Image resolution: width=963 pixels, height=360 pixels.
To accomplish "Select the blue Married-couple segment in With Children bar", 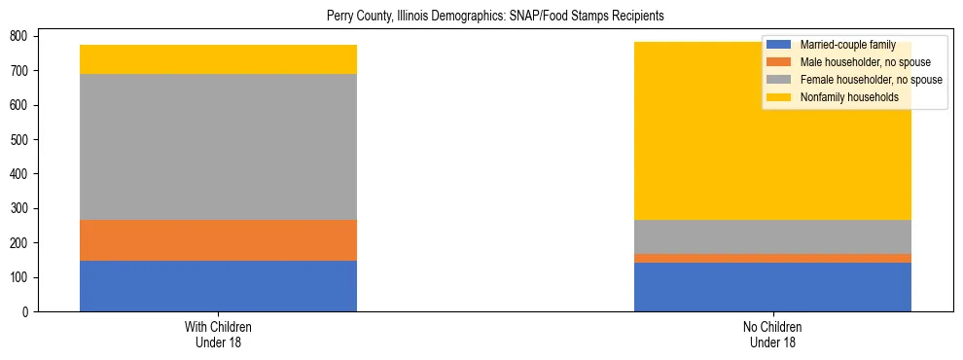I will (218, 286).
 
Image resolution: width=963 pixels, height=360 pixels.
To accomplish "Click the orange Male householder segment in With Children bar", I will (218, 240).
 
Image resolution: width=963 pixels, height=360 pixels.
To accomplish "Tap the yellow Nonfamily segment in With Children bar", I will (218, 59).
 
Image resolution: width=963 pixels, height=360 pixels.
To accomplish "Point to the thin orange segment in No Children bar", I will (772, 258).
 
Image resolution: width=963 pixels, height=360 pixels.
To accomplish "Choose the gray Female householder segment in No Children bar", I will (772, 236).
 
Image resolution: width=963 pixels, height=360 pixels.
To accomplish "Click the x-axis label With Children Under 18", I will (218, 334).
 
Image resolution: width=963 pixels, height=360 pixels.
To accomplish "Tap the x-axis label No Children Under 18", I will (772, 334).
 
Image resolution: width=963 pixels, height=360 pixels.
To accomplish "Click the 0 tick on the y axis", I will (32, 312).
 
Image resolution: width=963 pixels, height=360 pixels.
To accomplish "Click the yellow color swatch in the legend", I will (779, 97).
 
